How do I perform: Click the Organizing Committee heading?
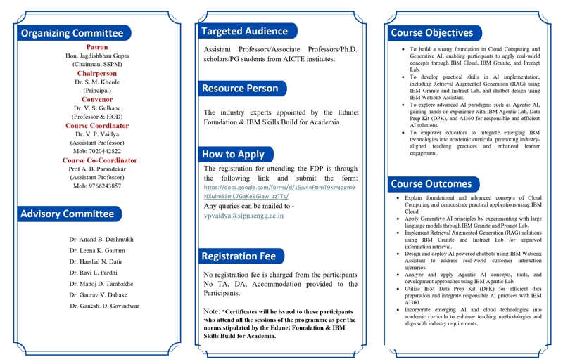(72, 33)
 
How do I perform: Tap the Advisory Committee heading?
(68, 214)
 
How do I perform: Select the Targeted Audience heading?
(244, 31)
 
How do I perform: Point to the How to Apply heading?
(233, 154)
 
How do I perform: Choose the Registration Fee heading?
(239, 256)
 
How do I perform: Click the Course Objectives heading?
(431, 32)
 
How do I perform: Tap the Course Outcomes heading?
(431, 184)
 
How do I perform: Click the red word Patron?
(97, 47)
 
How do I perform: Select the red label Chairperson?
(97, 73)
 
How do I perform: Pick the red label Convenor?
(97, 100)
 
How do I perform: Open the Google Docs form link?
(279, 192)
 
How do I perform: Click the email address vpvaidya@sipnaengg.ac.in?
(243, 216)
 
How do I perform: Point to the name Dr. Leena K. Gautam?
(97, 251)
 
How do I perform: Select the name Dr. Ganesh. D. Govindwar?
(104, 306)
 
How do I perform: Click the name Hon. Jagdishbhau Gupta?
(97, 56)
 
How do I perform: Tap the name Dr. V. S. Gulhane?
(97, 108)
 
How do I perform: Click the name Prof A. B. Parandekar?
(97, 169)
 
